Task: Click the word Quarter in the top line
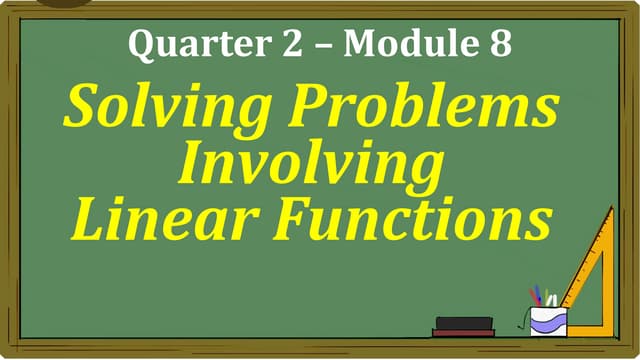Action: tap(182, 45)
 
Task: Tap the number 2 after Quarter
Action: tap(263, 43)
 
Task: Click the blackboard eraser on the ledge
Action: tap(464, 326)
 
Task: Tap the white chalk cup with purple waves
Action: tap(548, 321)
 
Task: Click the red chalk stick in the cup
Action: tap(536, 296)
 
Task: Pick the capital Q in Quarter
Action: tap(143, 44)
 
